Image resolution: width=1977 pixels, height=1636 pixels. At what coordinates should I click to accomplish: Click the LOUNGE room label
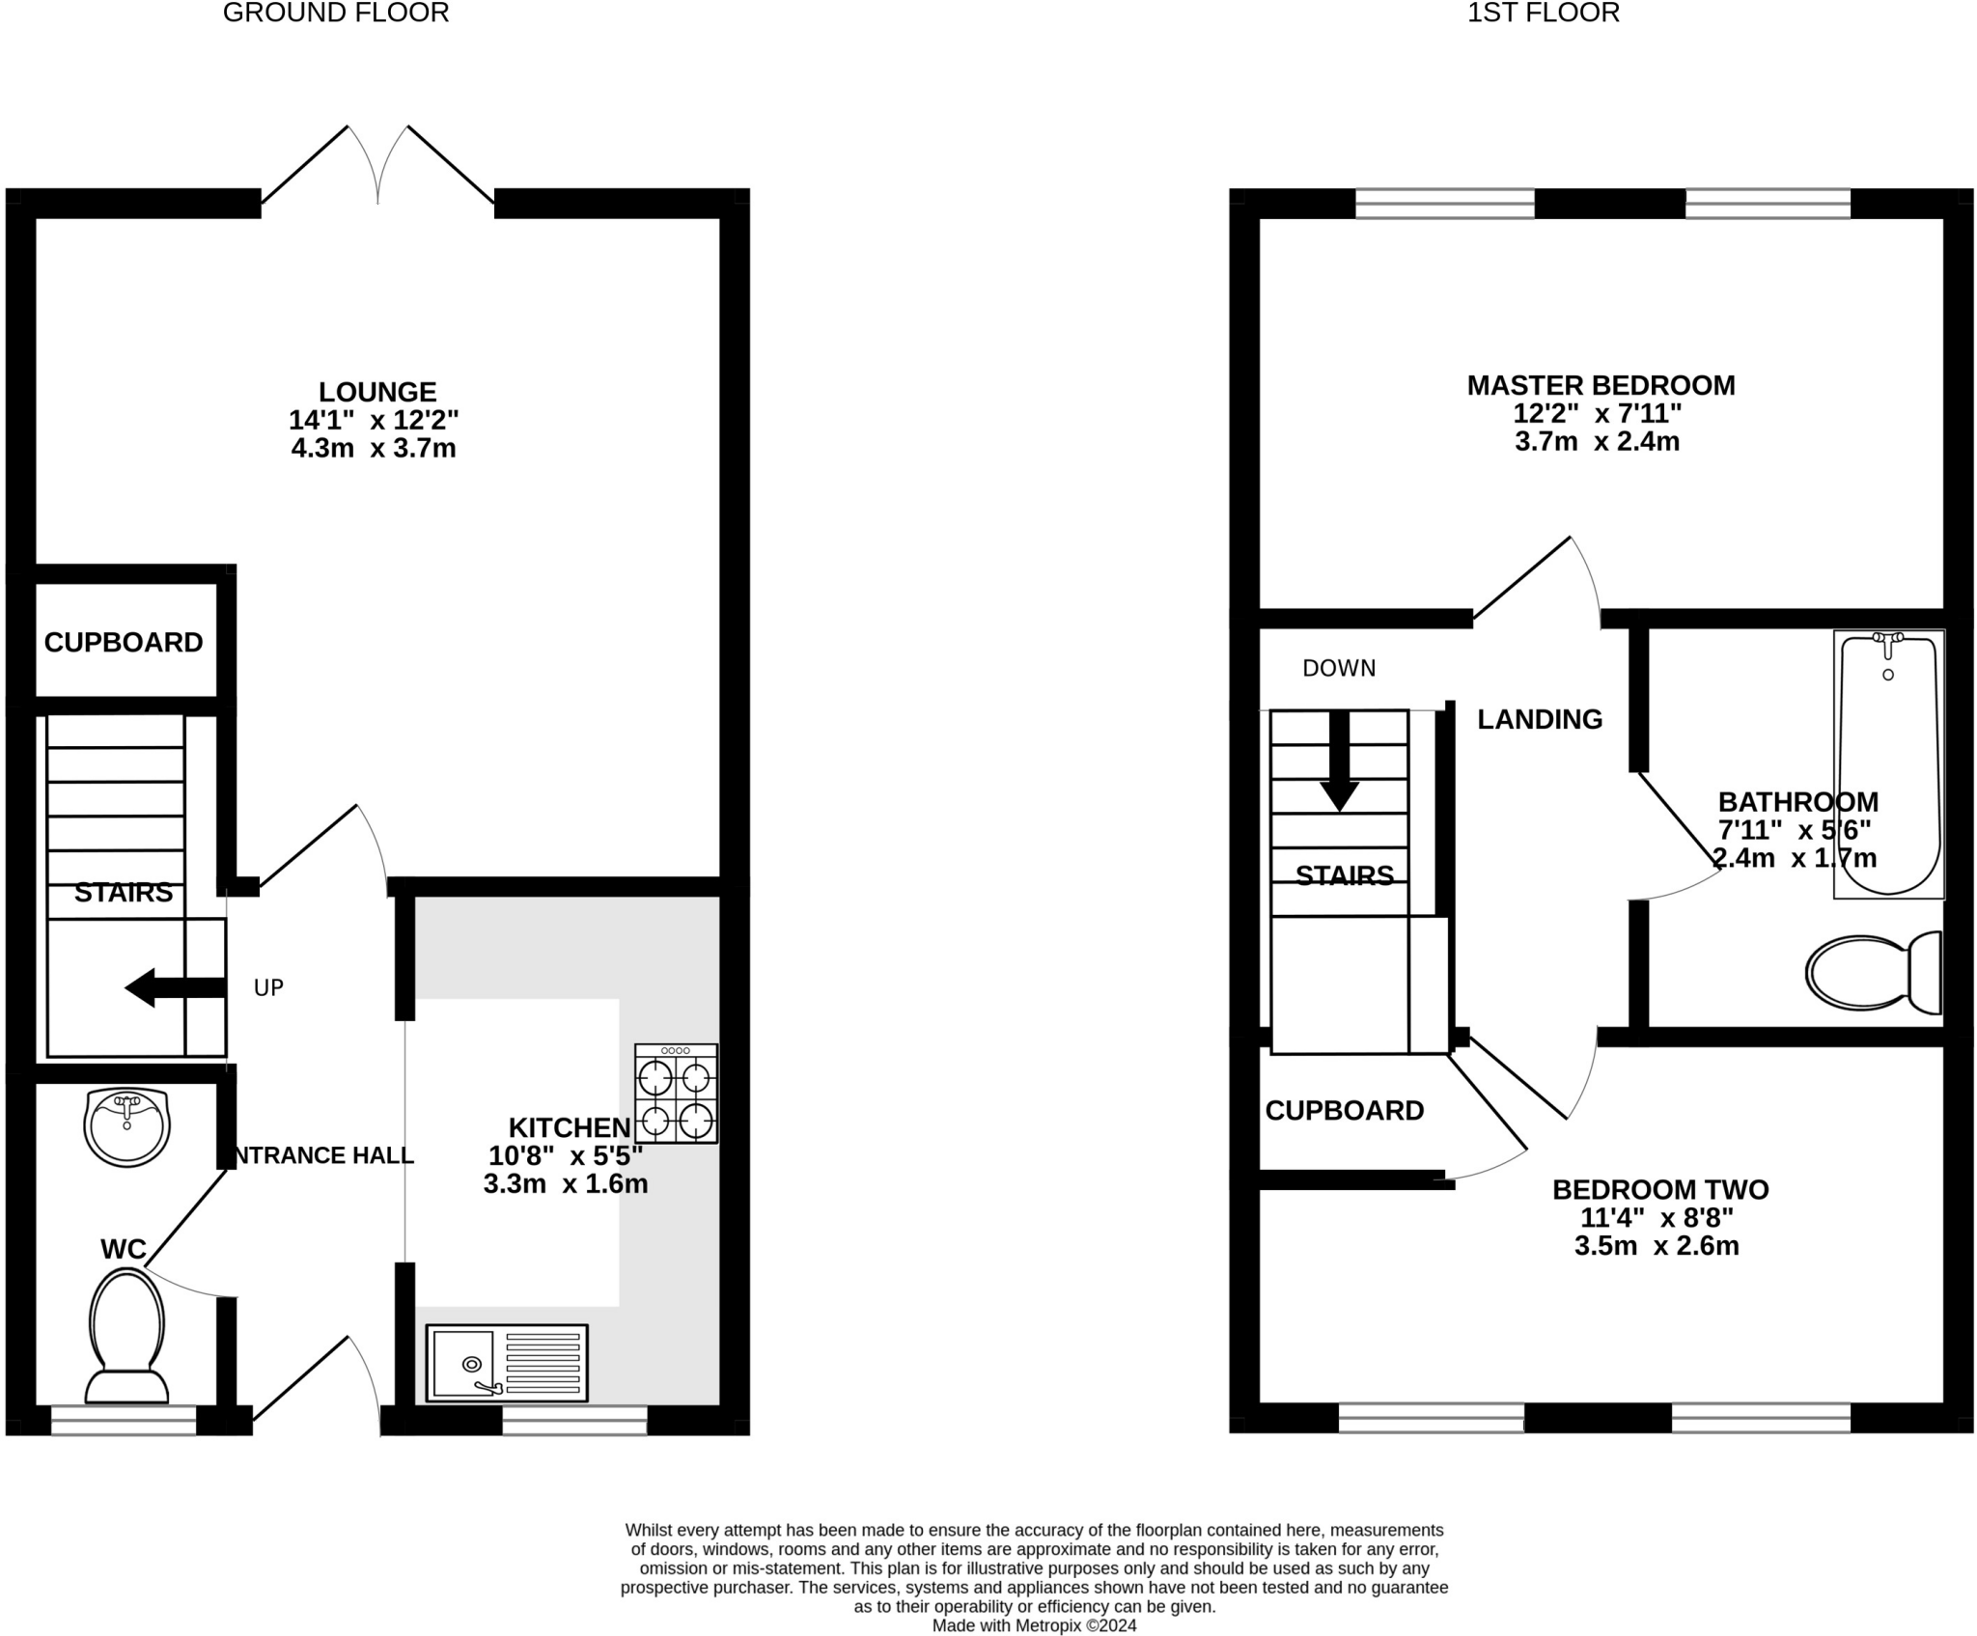(x=377, y=392)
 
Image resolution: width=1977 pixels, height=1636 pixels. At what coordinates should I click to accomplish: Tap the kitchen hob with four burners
(x=676, y=1094)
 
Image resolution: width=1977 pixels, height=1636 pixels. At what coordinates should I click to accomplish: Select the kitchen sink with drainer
(x=506, y=1363)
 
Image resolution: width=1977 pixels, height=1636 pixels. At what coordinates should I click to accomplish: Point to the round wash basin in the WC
(x=126, y=1126)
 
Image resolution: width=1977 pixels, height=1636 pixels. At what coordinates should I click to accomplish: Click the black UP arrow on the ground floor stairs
(x=175, y=987)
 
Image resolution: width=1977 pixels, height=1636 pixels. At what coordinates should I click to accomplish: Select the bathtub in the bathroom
(x=1888, y=763)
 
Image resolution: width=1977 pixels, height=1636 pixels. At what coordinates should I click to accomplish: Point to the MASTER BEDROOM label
(x=1601, y=385)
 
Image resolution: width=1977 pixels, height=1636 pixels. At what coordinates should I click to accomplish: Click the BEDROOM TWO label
(x=1659, y=1189)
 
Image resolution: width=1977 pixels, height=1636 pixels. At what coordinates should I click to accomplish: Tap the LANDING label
(x=1539, y=719)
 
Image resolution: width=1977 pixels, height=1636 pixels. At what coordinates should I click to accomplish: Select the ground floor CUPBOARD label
(x=124, y=642)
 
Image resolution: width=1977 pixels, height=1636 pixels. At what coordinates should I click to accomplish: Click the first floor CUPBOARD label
(x=1344, y=1110)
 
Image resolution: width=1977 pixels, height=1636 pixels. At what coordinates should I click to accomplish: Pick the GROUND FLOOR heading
(x=336, y=13)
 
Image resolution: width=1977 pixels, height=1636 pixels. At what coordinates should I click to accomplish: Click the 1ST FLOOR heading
(x=1543, y=13)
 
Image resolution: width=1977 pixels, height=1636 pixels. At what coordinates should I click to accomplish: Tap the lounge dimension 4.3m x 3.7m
(x=374, y=448)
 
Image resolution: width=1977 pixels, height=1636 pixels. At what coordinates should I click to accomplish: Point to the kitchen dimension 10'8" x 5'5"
(x=566, y=1155)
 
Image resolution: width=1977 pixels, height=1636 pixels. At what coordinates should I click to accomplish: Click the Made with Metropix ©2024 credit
(x=1034, y=1625)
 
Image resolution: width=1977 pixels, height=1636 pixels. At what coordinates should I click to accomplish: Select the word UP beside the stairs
(x=268, y=987)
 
